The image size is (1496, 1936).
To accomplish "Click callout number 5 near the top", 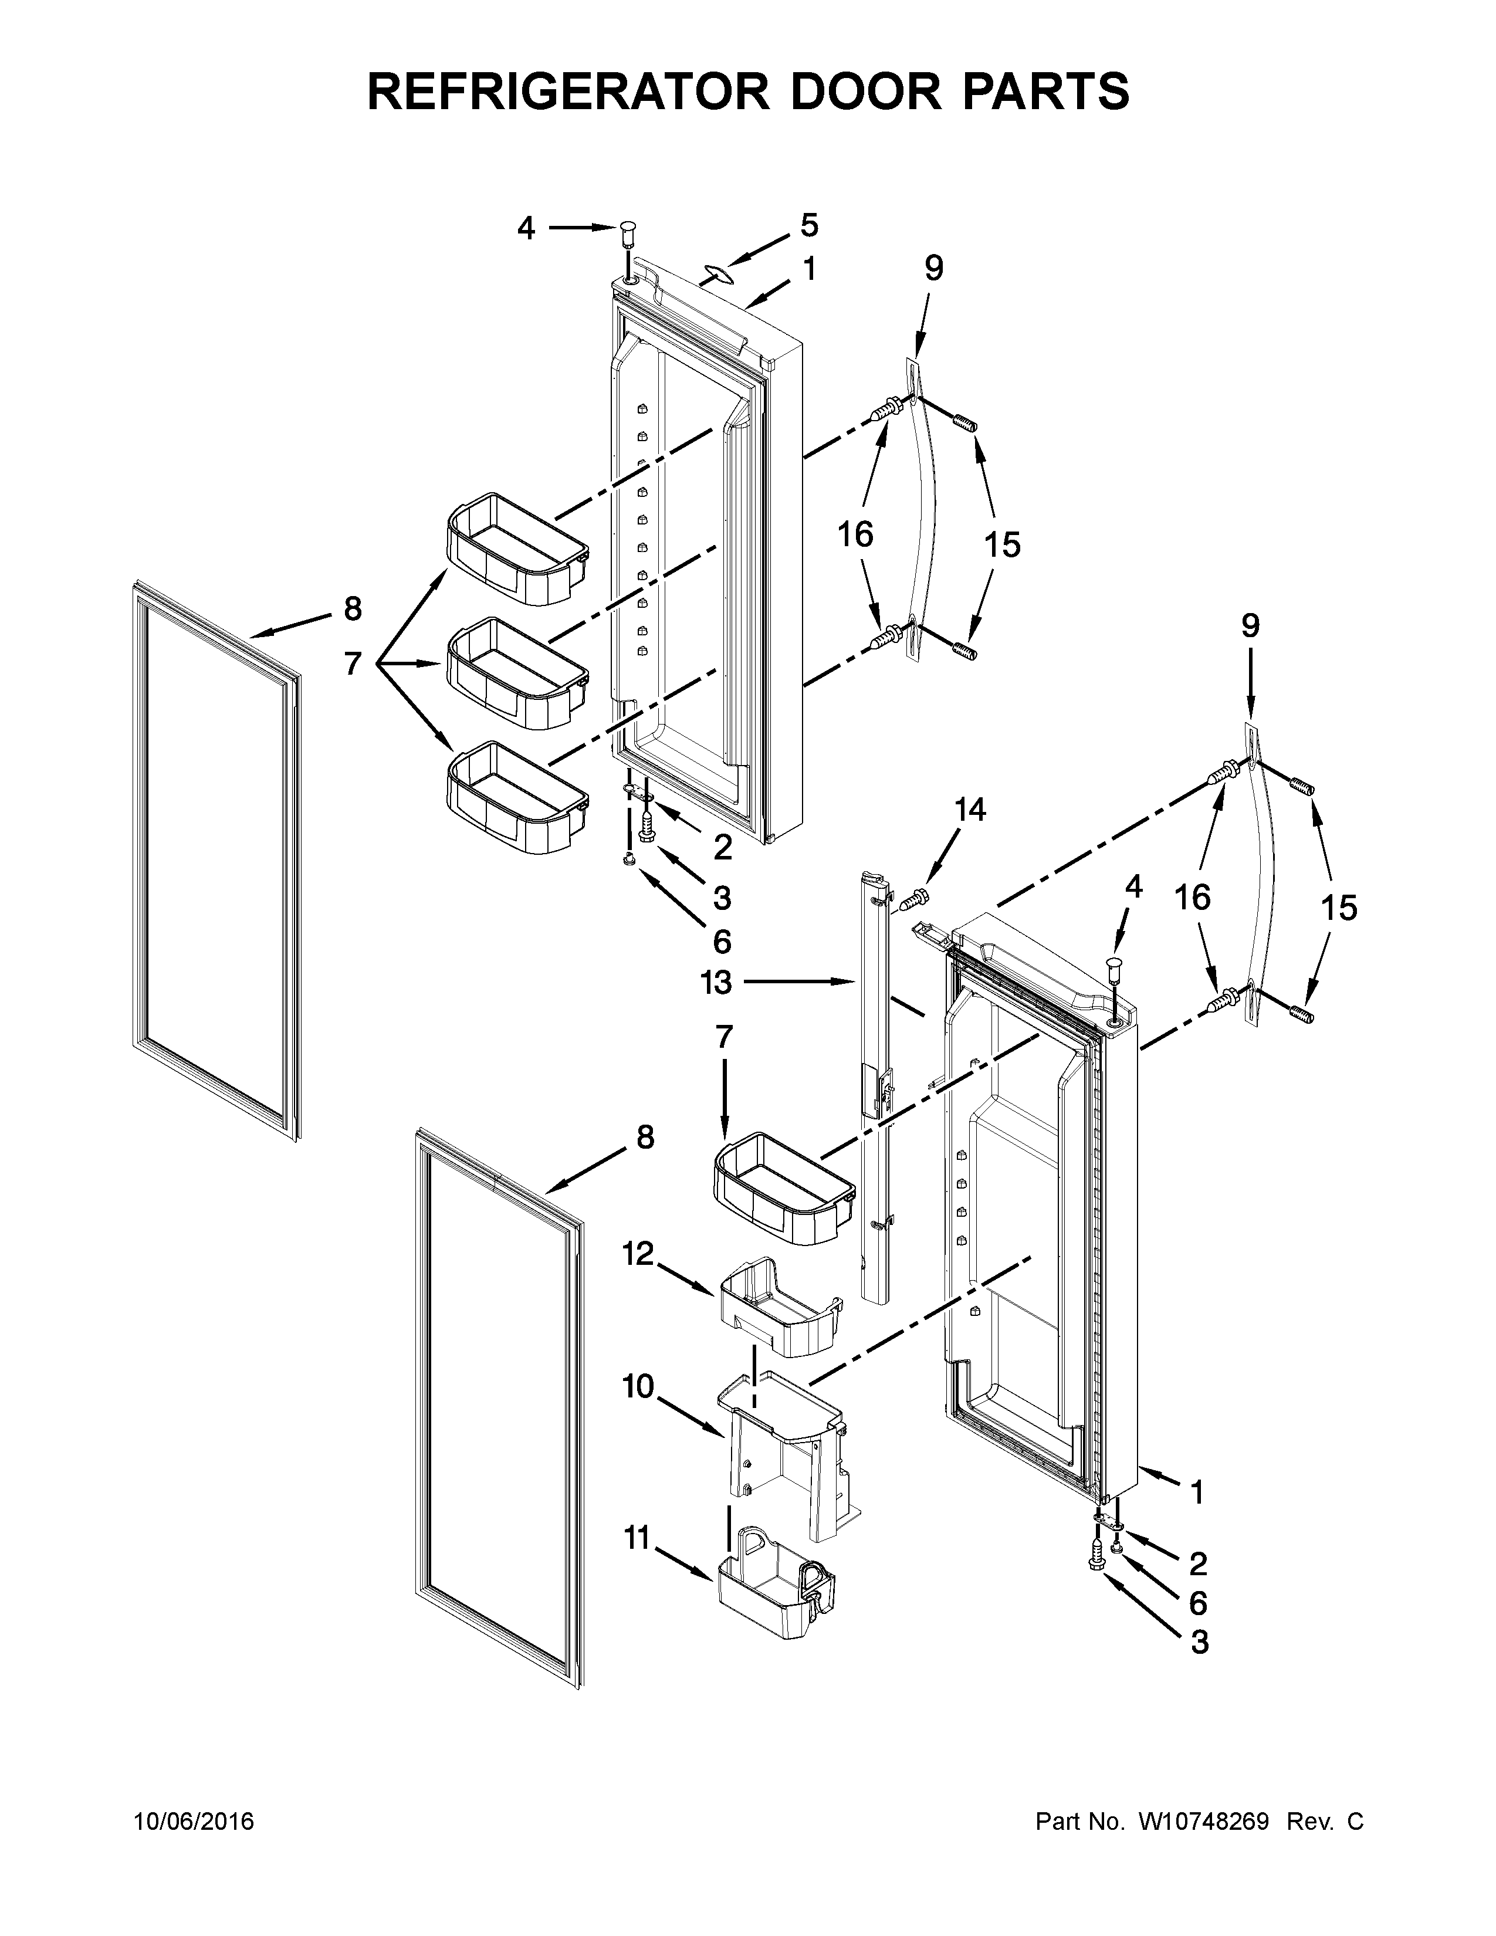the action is click(809, 225).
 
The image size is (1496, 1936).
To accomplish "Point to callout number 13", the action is click(717, 981).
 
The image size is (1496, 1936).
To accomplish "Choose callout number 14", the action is click(970, 810).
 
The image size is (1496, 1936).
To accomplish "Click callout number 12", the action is click(638, 1254).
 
